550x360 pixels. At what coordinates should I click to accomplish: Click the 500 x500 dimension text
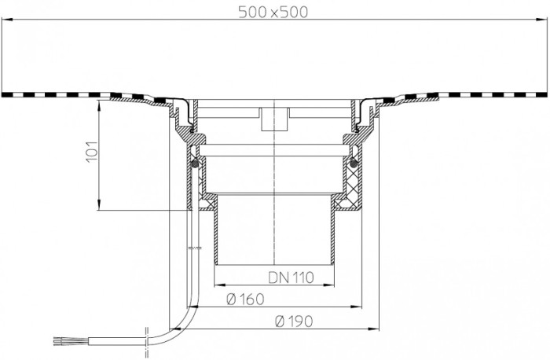[273, 13]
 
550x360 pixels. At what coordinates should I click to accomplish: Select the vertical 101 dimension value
[92, 152]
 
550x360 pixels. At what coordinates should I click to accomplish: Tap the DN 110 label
[291, 277]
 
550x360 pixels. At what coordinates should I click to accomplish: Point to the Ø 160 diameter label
[245, 299]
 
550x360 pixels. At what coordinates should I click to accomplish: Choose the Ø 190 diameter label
[294, 321]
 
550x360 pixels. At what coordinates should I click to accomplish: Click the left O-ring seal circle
[196, 163]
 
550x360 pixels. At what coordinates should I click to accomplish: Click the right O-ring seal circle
[354, 163]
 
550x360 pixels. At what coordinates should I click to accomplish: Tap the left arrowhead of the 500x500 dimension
[7, 20]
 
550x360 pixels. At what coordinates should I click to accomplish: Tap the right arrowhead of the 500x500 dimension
[542, 20]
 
